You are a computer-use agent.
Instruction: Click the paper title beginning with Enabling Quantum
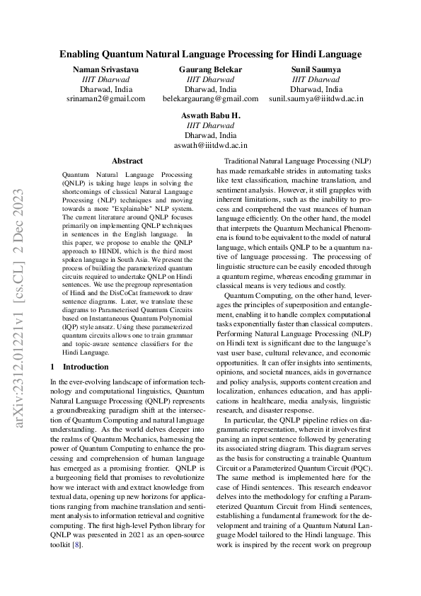tap(210, 54)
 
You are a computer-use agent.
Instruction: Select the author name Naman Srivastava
tap(106, 69)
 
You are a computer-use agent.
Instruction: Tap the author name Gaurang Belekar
tap(210, 69)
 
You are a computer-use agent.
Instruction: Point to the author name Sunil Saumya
tap(316, 69)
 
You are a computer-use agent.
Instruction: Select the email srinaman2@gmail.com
tap(106, 99)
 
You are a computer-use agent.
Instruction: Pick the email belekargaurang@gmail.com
tap(210, 99)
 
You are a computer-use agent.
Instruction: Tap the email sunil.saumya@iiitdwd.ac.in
tap(316, 99)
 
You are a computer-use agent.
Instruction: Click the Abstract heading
tap(127, 161)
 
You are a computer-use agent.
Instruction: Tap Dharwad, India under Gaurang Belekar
tap(210, 89)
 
